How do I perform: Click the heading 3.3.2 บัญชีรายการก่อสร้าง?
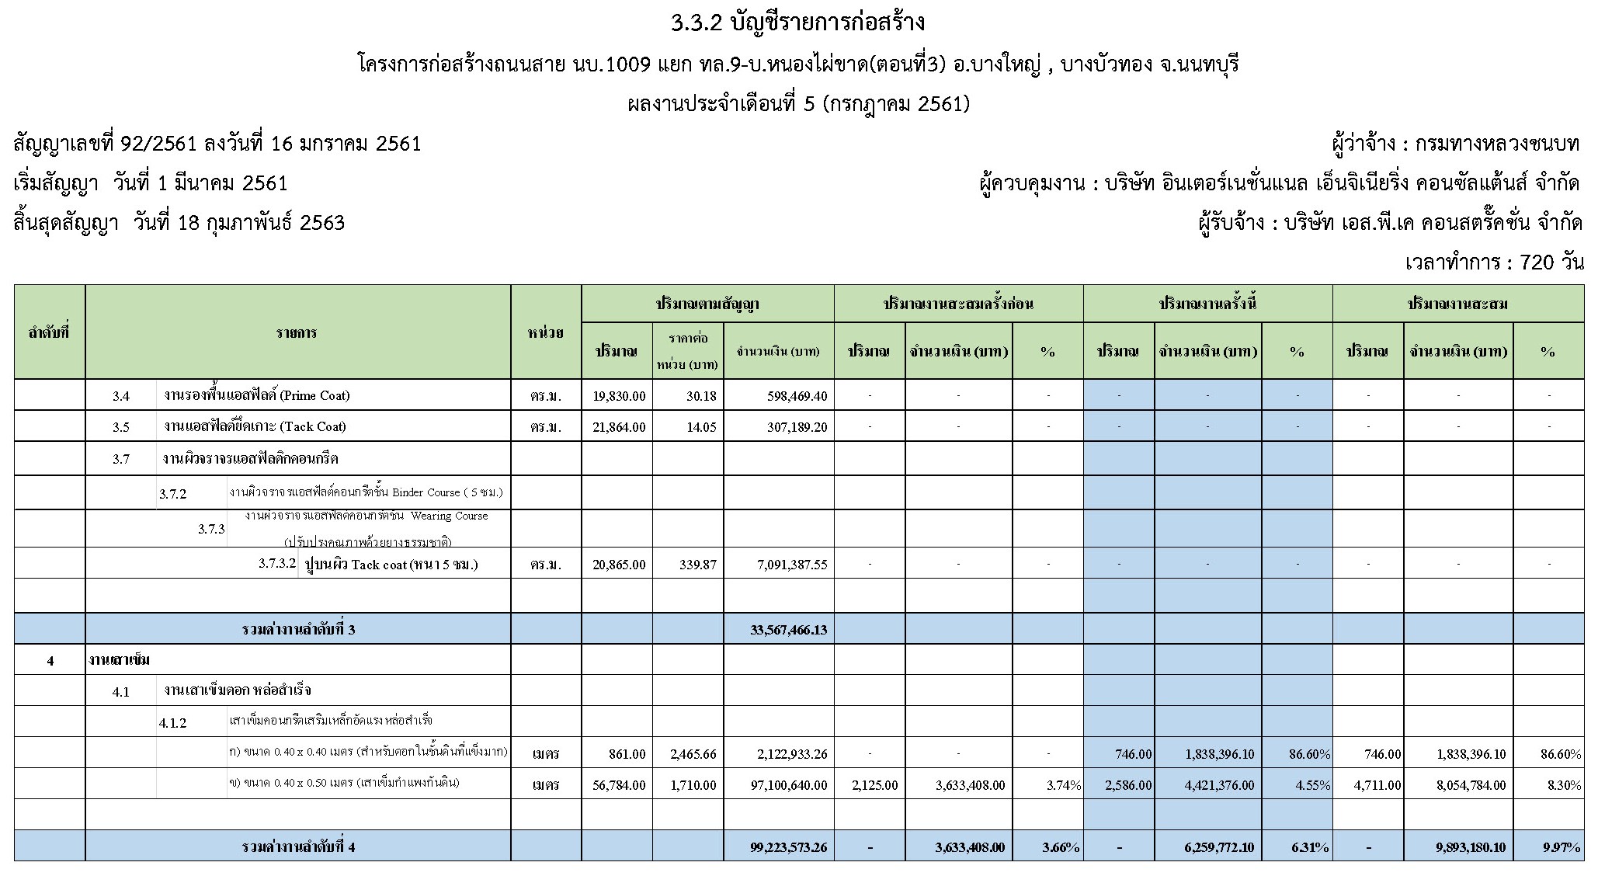(798, 23)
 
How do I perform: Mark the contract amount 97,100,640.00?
(786, 785)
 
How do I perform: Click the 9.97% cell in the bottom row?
(1562, 847)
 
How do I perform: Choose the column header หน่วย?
(546, 333)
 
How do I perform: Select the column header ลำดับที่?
(49, 333)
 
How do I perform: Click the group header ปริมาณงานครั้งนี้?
(1207, 304)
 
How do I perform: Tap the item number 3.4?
(120, 396)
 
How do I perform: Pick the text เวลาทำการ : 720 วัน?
(1494, 262)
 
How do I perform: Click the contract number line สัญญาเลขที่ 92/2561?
(217, 144)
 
